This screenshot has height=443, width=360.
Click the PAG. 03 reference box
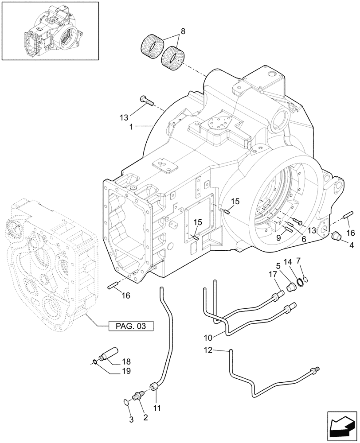tap(131, 326)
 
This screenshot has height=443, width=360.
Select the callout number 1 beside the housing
tap(132, 126)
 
